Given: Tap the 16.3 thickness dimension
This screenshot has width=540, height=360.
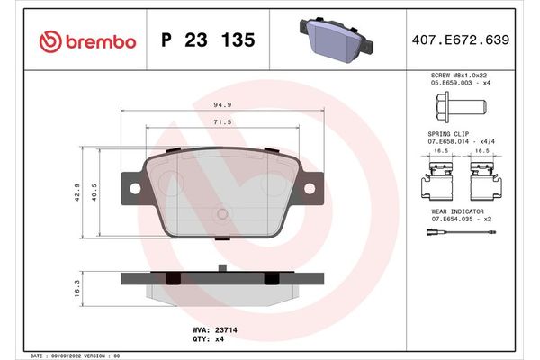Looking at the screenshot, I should pos(78,286).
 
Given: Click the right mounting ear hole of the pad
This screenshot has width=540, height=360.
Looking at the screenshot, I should pos(309,189).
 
